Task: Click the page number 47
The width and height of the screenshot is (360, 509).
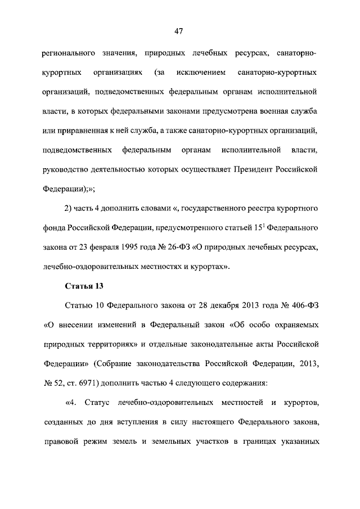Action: [180, 31]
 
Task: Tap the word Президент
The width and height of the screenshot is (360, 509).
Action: [252, 168]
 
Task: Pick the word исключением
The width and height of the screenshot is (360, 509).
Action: [201, 73]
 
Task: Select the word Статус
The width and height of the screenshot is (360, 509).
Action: [98, 403]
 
